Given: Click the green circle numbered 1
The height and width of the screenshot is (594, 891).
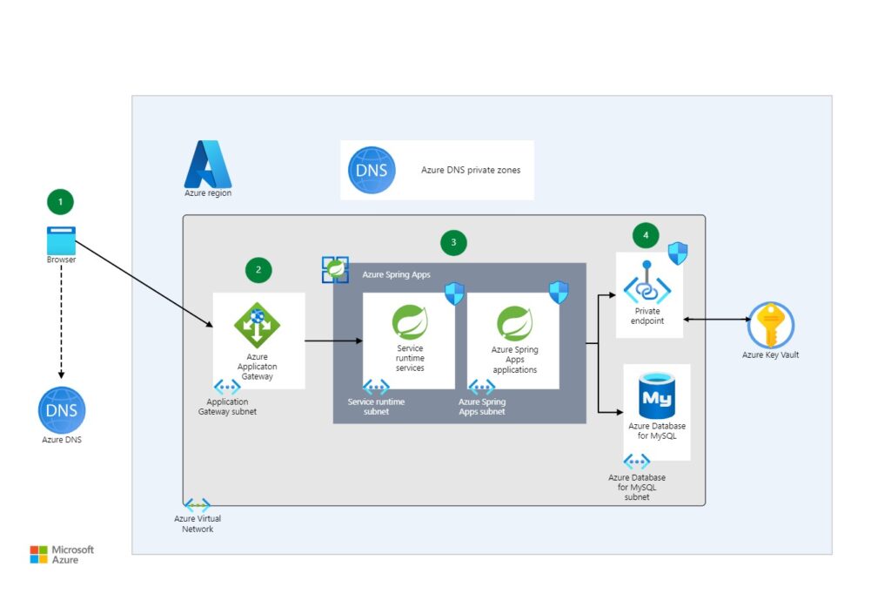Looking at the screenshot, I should (x=60, y=202).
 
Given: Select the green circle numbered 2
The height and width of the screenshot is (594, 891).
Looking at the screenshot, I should (x=258, y=270).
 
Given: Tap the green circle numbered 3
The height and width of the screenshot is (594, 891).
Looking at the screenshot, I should (x=452, y=243).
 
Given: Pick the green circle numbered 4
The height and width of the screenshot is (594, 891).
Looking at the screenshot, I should (x=646, y=234).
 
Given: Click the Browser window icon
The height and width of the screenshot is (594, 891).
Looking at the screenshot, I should (x=61, y=240).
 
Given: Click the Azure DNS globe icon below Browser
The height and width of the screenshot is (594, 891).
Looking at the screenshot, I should (x=62, y=409).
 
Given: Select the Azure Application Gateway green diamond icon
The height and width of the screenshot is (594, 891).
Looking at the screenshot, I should (x=258, y=324).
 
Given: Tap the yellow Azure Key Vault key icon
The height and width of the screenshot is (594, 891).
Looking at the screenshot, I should (x=770, y=326).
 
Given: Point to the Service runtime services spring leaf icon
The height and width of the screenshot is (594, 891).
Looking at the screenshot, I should (x=410, y=322).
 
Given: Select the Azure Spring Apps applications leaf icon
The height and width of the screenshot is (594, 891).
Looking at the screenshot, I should (x=514, y=323).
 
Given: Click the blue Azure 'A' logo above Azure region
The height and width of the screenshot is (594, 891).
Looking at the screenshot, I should (x=207, y=164).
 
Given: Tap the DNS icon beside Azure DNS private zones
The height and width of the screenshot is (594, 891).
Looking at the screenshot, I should (x=372, y=170).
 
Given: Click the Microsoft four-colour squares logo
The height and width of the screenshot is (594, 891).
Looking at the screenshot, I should (x=39, y=555).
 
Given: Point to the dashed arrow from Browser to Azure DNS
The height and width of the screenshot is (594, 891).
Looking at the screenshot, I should (x=61, y=318).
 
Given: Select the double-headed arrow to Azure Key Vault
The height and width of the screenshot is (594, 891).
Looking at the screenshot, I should (x=713, y=321).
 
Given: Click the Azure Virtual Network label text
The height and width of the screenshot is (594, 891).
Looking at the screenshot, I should (x=198, y=523).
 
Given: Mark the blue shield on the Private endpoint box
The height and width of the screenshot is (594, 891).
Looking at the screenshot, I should (x=677, y=254).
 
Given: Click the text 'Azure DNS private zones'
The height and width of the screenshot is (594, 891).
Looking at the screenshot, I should (x=471, y=170).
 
